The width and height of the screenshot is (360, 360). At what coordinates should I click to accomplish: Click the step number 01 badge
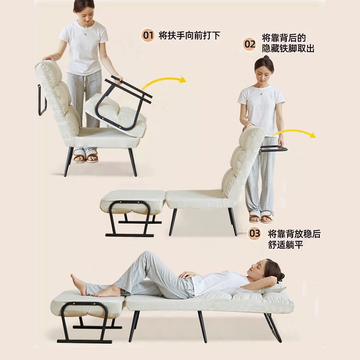pyautogui.click(x=148, y=35)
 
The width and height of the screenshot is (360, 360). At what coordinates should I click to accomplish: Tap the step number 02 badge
pyautogui.click(x=250, y=44)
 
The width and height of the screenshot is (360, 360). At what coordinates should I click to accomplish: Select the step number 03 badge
pyautogui.click(x=255, y=234)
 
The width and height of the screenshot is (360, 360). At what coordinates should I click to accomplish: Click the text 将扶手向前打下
pyautogui.click(x=189, y=35)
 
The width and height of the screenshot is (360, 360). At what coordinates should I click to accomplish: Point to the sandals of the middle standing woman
pyautogui.click(x=261, y=218)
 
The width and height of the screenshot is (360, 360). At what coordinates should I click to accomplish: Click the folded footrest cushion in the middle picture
pyautogui.click(x=133, y=201)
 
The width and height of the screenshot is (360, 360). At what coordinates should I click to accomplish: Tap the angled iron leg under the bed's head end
pyautogui.click(x=272, y=326)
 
